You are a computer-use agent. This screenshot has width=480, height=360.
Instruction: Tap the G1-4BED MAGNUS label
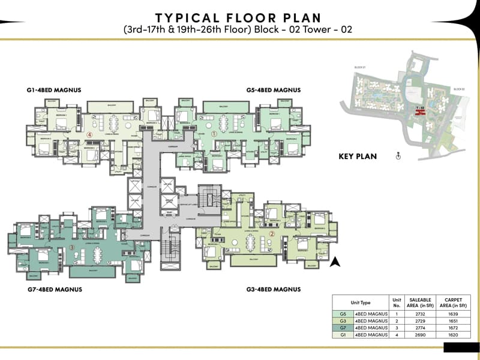point(54,90)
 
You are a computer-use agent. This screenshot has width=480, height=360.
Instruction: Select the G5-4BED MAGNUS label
point(273,90)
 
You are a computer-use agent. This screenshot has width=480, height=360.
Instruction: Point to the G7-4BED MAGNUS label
point(55,289)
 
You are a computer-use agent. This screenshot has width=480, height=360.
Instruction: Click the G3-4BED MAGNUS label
point(273,289)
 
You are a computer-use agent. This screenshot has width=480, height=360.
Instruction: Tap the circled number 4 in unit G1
point(89,135)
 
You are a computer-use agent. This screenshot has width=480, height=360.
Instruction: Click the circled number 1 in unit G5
point(215,134)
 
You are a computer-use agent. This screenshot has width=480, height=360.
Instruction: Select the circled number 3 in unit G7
point(71,247)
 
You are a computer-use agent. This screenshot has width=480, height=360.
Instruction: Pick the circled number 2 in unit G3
point(271,235)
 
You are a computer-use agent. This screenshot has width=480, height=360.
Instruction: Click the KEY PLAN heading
point(358,157)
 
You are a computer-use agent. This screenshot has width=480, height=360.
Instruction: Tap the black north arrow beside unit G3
point(337,261)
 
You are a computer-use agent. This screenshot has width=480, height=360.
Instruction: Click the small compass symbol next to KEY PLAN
point(398,157)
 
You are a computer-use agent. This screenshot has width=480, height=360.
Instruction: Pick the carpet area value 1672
point(450,328)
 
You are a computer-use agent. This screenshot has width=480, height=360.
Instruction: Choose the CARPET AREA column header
point(450,302)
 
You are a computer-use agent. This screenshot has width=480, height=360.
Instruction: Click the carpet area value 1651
point(450,321)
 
